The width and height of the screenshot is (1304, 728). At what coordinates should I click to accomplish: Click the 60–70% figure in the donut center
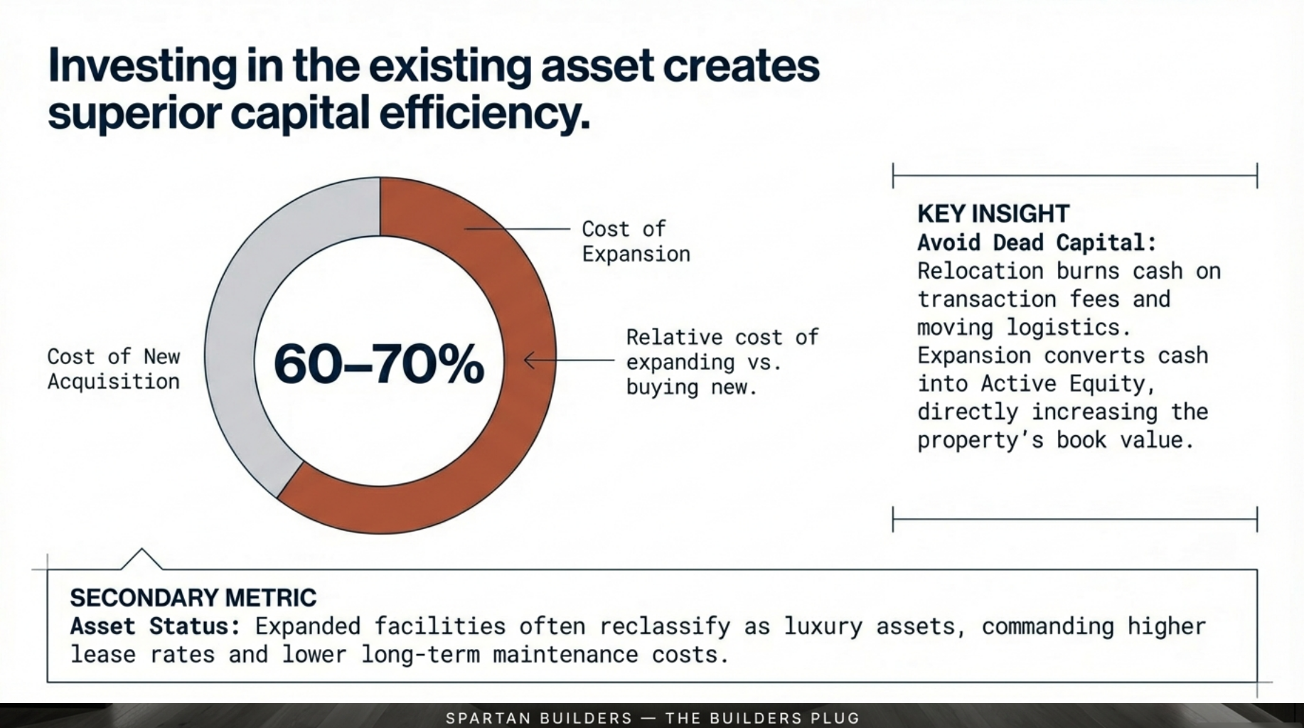click(378, 364)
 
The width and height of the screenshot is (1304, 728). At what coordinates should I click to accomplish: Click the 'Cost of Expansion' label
click(635, 242)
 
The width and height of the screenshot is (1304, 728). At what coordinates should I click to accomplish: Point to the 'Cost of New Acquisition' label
click(114, 369)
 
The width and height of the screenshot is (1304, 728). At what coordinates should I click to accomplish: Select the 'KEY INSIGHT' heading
click(993, 213)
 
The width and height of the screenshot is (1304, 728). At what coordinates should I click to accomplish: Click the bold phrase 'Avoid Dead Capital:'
click(1037, 242)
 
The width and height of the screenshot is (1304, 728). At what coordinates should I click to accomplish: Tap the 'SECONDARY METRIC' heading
click(193, 598)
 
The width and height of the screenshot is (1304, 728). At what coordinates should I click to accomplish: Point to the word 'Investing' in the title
click(142, 65)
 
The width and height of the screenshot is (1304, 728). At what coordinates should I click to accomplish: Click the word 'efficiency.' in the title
click(484, 114)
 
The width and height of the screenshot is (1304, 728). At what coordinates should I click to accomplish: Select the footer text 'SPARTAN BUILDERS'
click(538, 718)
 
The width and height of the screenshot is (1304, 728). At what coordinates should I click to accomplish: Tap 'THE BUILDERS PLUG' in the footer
click(762, 718)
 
